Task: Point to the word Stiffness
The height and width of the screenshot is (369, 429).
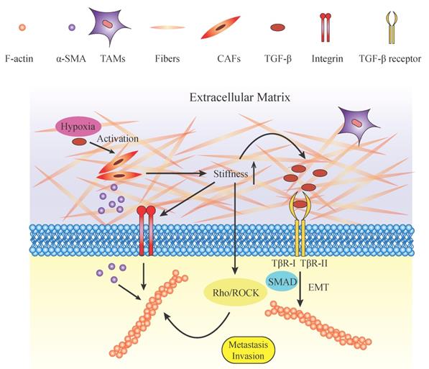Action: coord(231,174)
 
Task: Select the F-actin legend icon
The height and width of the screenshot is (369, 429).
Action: coord(22,27)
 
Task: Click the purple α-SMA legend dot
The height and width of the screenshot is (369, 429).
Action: coord(71,27)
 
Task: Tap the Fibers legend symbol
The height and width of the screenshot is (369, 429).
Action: coord(167,27)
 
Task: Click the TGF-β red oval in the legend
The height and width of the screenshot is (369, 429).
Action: coord(278,27)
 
